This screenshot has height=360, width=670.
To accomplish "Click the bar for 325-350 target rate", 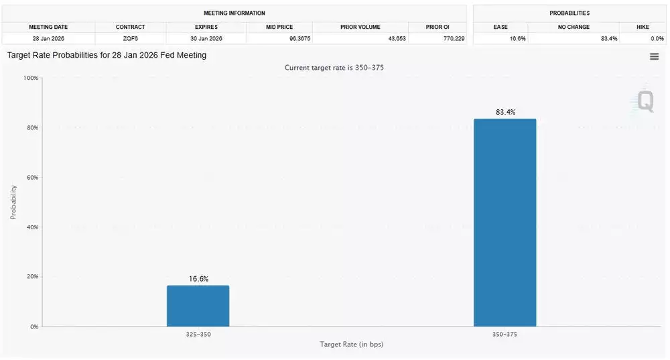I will coord(198,306).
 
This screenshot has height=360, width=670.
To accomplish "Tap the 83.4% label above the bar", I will coord(505,112).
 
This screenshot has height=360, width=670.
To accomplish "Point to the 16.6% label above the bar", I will coord(198,279).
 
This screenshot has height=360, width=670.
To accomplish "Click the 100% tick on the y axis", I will coord(30,78).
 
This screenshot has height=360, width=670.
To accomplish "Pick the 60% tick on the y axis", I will coord(31,178).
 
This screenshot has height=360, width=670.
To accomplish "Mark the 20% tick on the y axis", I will coord(31,277).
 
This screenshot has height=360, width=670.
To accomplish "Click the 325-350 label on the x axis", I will coord(198,334).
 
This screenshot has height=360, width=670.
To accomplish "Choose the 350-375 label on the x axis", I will coord(505,334).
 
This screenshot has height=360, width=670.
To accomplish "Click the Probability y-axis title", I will coord(13,202).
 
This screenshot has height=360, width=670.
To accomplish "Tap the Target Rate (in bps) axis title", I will coord(351,345).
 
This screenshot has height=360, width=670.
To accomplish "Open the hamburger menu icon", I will coord(654,57).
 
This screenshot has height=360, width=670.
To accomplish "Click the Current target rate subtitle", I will coord(334,68).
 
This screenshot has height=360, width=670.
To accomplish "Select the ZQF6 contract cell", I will coord(130,39).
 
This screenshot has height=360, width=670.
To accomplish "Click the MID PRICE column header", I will coord(279,27).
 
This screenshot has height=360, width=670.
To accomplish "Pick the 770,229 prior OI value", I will coord(438,39).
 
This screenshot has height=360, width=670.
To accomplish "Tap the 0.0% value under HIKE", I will coord(643,39).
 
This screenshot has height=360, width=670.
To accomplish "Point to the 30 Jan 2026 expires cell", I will coord(206,39).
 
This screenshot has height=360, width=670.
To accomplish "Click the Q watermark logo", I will coord(645,101).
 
